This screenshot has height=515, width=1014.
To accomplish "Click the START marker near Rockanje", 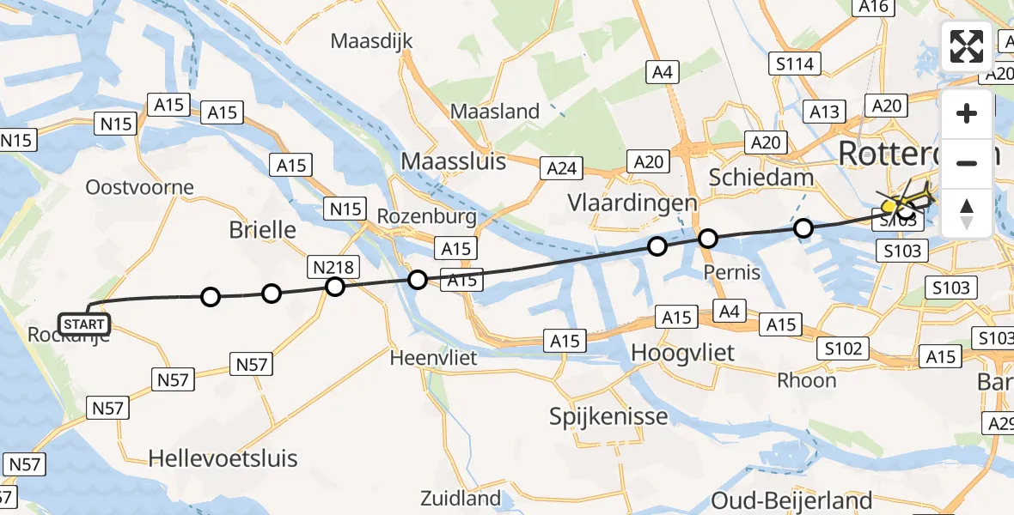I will [84, 324].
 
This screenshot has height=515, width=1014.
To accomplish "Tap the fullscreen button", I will [967, 47].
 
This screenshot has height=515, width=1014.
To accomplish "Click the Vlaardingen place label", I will [632, 203].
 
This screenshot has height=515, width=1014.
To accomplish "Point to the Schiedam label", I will [750, 177].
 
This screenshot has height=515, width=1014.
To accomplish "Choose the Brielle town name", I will [262, 230].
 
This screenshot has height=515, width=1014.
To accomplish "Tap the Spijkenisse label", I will [609, 416].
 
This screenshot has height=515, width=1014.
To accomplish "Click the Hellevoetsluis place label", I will [223, 457].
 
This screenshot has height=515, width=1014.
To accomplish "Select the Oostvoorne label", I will [140, 187].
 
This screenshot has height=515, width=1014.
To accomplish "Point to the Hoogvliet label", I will [682, 352].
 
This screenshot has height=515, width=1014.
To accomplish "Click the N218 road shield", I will [333, 267].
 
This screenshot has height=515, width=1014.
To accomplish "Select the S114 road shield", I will [797, 64].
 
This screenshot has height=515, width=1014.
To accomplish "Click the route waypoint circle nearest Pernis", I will [708, 239].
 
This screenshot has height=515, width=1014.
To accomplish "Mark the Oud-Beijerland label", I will [791, 500].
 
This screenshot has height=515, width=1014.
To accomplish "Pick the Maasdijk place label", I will [372, 41].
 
